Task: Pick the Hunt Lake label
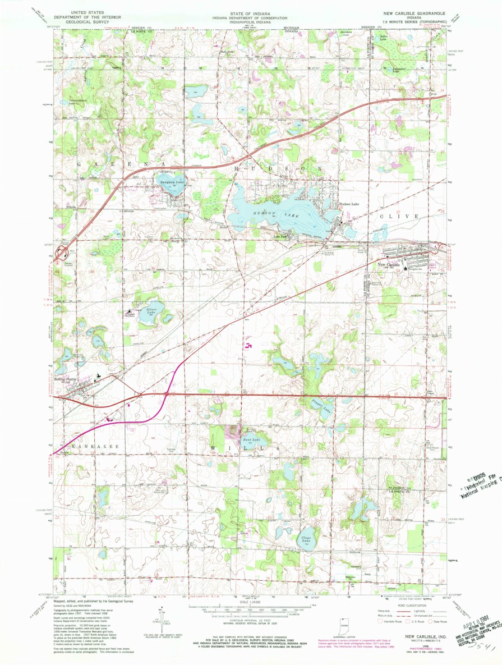[251, 439]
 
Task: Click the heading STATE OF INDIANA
[250, 12]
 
